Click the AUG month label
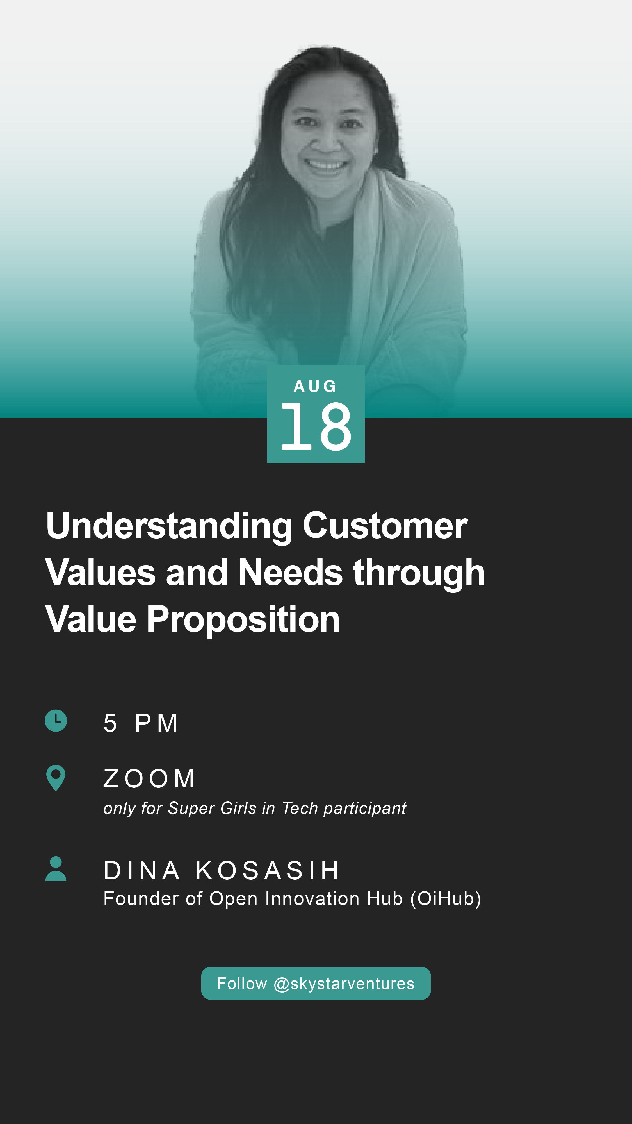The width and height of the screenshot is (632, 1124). click(x=315, y=386)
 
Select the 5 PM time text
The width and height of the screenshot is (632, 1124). click(x=140, y=723)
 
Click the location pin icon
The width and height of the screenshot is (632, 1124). click(x=56, y=778)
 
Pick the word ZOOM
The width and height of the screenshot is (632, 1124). click(x=149, y=778)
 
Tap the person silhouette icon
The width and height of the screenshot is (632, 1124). click(x=56, y=869)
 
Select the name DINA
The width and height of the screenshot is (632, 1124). click(x=141, y=871)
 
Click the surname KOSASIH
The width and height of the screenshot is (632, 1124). click(x=267, y=871)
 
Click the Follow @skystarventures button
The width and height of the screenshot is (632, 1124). click(x=316, y=983)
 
